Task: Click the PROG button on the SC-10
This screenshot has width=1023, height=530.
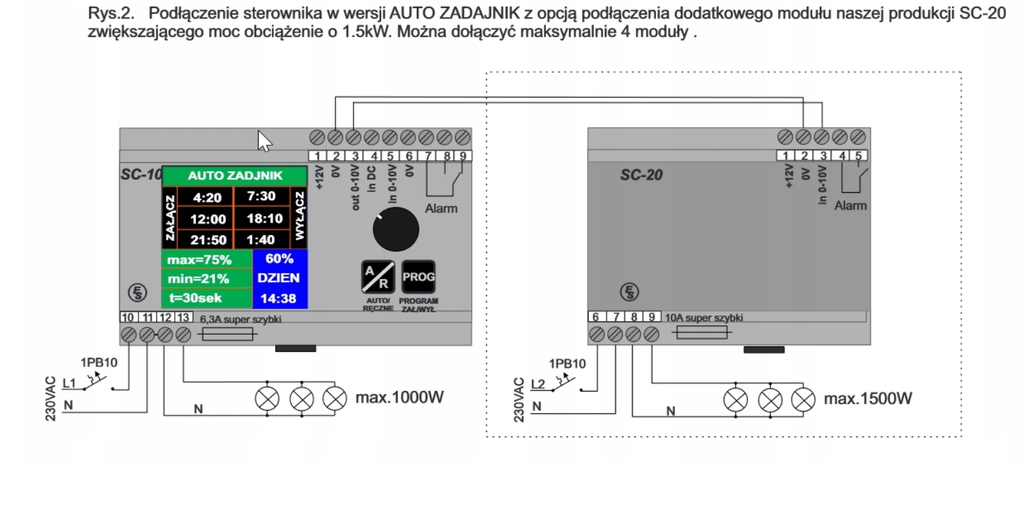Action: (x=418, y=277)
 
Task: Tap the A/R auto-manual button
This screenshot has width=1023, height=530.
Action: (x=378, y=277)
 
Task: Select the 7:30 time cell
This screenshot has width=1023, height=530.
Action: (x=261, y=196)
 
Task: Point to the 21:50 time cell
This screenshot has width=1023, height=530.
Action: (x=208, y=240)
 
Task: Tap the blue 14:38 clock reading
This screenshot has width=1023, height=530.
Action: (x=279, y=298)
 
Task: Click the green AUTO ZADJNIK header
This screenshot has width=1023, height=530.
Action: (x=235, y=176)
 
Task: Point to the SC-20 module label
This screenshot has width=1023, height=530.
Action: (x=641, y=176)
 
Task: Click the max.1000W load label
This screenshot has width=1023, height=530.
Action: (x=400, y=397)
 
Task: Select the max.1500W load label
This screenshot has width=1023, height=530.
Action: (x=867, y=398)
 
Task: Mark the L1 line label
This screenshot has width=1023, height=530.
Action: (x=69, y=382)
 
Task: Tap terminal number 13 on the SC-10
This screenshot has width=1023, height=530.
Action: (x=183, y=318)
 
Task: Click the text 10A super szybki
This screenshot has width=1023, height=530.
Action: (x=703, y=318)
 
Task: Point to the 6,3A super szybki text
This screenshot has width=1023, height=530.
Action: (x=240, y=319)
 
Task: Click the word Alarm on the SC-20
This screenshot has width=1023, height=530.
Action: (x=850, y=206)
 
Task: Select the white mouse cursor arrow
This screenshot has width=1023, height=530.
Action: (x=264, y=140)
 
